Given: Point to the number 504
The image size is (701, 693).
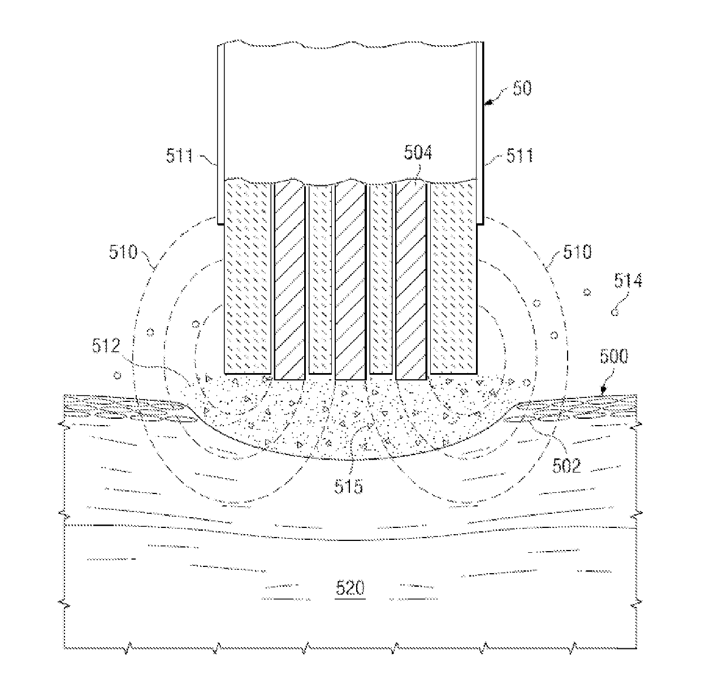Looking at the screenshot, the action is pos(419,153).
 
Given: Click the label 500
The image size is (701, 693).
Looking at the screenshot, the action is pos(613,358).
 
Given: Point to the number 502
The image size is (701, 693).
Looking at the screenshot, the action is pos(567,466).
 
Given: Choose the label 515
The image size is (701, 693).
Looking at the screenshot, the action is pos(348,486).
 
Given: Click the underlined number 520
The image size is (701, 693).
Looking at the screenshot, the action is pos(350,588).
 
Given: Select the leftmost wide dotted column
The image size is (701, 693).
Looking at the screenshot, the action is pos(249,277).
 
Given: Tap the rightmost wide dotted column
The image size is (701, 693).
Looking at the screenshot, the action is pos(454,277).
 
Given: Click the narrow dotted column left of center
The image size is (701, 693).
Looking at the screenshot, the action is pos(320,279).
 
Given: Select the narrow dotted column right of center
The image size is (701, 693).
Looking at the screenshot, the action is pos(380,279).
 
